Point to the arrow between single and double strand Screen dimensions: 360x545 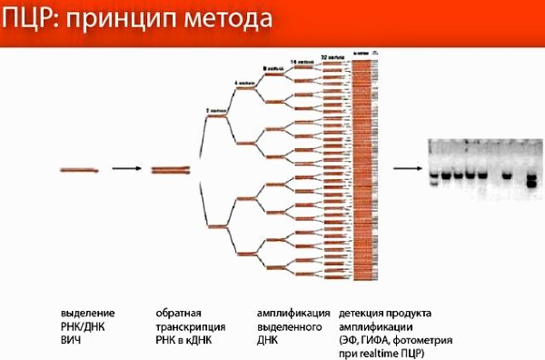click(x=126, y=169)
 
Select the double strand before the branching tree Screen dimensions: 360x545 click(x=170, y=169)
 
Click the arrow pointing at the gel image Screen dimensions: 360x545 click(x=410, y=169)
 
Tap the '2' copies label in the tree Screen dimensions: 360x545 click(x=214, y=110)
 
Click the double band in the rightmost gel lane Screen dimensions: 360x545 click(x=531, y=178)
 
